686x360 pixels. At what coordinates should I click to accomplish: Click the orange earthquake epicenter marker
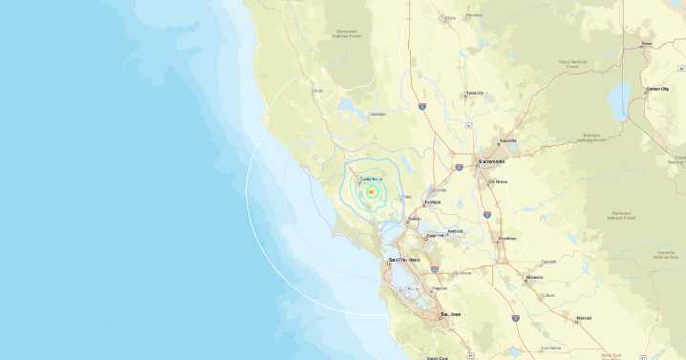[x=371, y=192]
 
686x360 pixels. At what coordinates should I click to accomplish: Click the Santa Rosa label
[x=371, y=179]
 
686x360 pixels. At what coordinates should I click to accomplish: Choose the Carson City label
[x=658, y=89]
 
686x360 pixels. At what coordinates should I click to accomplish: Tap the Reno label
[x=646, y=44]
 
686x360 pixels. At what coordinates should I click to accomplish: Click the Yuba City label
[x=474, y=93]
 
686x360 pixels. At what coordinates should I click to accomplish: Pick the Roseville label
[x=507, y=140]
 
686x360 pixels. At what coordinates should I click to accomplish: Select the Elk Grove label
[x=498, y=181]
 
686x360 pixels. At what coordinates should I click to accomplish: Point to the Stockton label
[x=506, y=238]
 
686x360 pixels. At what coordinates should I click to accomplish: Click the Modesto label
[x=534, y=279]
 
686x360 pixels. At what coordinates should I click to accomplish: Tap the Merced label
[x=584, y=317]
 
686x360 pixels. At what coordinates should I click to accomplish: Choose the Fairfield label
[x=433, y=202]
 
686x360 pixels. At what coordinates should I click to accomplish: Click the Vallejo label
[x=415, y=219]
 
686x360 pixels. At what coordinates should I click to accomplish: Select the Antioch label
[x=457, y=229]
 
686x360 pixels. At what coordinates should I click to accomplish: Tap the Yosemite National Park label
[x=665, y=256]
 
